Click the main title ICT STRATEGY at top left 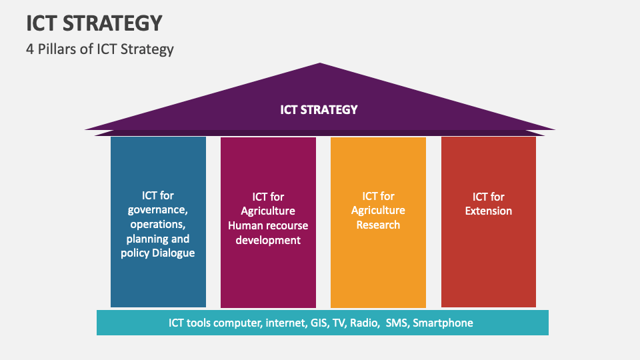click(x=94, y=23)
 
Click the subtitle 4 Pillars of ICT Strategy click(x=100, y=49)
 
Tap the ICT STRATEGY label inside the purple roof click(x=319, y=110)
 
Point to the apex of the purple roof click(x=320, y=63)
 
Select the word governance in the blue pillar click(x=157, y=210)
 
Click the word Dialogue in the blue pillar click(x=173, y=253)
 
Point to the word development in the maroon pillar click(x=268, y=240)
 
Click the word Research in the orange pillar click(x=378, y=225)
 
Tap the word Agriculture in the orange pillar click(x=378, y=211)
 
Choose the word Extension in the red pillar click(x=489, y=211)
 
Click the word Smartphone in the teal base click(x=443, y=323)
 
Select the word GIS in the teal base click(x=319, y=323)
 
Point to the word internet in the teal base click(x=286, y=323)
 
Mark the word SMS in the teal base click(x=396, y=323)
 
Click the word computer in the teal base click(x=237, y=323)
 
